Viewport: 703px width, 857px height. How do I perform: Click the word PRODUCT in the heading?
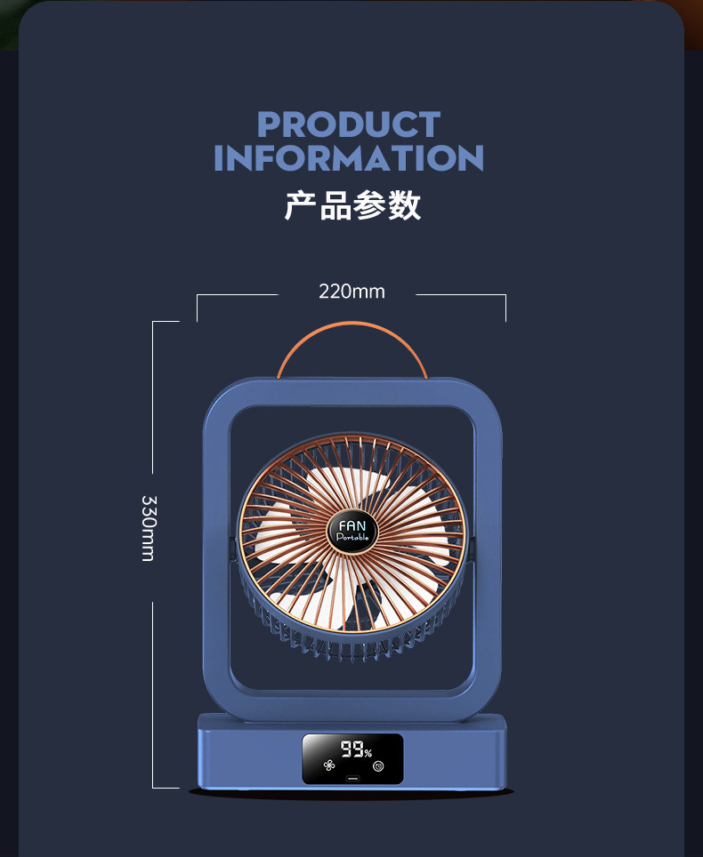coord(349,124)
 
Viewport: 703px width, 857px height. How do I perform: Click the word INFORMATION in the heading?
coord(349,158)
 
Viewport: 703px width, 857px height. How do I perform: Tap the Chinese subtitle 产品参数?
coord(352,204)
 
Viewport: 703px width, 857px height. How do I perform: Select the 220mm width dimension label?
coord(351,292)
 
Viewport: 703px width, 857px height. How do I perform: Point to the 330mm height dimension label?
coord(148,528)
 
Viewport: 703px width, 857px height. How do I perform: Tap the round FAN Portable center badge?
coord(353,532)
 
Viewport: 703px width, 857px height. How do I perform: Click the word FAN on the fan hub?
coord(352,525)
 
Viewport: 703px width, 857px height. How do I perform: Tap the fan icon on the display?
coord(328,765)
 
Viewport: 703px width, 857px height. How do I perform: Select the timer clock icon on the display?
coord(378,765)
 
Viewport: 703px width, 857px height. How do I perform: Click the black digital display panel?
coord(352,758)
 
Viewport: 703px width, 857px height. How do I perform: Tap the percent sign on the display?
coord(368,753)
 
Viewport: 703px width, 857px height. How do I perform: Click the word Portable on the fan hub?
coord(353,538)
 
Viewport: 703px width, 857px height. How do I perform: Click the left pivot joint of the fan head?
coord(233,549)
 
